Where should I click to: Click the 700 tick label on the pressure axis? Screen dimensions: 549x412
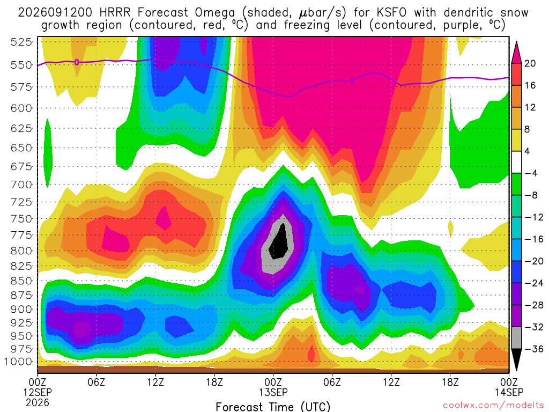point(21,185)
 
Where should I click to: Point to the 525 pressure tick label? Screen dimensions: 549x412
point(21,42)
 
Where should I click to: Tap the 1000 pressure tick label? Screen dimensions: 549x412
point(18,362)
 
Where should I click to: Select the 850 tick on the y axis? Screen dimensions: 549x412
point(21,281)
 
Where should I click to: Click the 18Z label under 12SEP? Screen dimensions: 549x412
point(214,382)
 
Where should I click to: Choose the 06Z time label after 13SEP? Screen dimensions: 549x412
point(332,382)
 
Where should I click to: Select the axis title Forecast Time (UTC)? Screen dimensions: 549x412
point(273,407)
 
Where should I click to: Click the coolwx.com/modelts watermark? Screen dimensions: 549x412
point(493,406)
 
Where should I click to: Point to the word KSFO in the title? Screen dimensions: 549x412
point(391,13)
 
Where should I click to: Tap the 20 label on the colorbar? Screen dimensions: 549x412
point(530,63)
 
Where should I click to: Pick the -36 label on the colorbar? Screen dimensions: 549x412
point(533,349)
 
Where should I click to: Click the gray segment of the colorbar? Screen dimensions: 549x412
point(516,338)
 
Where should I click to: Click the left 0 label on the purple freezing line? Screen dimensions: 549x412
point(77,63)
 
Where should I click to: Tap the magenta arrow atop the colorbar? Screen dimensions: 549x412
point(516,53)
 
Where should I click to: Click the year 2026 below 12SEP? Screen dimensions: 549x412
point(38,403)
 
